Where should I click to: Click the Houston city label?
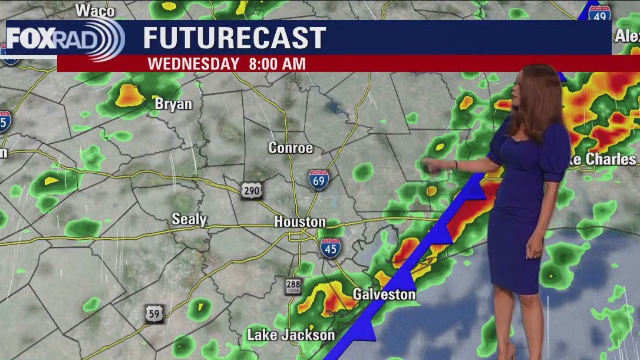click(x=299, y=222)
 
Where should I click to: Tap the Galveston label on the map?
click(x=384, y=294)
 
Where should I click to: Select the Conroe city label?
click(x=291, y=148)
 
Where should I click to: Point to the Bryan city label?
click(x=173, y=104)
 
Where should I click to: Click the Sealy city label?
click(x=189, y=220)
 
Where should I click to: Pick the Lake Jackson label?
click(x=291, y=335)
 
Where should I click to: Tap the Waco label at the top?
click(x=95, y=10)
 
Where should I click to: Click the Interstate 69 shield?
click(x=318, y=180)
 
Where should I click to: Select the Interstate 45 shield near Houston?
click(x=331, y=248)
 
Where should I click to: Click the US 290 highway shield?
click(x=251, y=190)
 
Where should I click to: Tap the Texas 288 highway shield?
click(x=293, y=286)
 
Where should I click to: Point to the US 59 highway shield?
click(x=154, y=314)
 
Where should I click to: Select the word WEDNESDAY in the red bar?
click(x=193, y=64)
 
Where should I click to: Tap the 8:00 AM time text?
click(x=276, y=64)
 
